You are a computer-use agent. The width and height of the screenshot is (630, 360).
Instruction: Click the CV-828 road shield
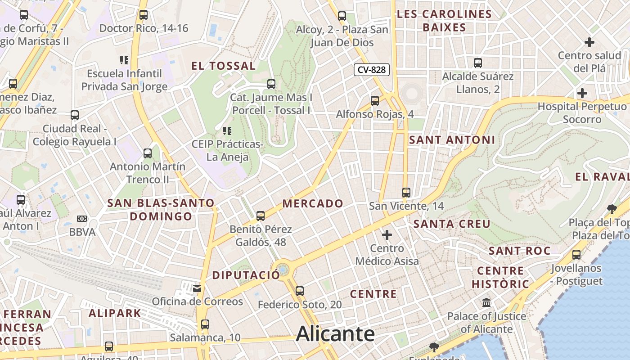(372, 70)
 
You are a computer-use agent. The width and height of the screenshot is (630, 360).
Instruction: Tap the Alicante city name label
(335, 334)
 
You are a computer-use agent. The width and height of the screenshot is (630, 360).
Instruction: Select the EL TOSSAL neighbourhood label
(224, 66)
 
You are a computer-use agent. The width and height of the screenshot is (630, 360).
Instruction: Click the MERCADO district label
(313, 204)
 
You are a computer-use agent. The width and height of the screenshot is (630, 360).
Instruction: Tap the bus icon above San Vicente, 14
(406, 193)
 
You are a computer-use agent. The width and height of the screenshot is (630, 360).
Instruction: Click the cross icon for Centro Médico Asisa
(387, 235)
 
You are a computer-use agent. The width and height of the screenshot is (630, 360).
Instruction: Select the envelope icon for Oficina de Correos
(197, 288)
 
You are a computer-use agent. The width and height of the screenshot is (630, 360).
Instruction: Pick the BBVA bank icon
(82, 219)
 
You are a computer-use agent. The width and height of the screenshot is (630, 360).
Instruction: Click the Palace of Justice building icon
(486, 303)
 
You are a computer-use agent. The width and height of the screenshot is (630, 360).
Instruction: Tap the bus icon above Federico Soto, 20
(300, 291)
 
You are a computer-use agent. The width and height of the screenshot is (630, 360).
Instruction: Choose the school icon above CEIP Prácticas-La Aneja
(227, 131)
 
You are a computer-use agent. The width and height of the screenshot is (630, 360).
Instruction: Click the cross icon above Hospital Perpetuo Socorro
(582, 93)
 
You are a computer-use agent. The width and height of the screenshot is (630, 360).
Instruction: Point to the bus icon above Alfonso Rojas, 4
(375, 101)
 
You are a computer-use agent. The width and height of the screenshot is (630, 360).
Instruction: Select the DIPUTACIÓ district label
(246, 275)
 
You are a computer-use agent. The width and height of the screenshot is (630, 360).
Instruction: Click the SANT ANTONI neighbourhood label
(452, 140)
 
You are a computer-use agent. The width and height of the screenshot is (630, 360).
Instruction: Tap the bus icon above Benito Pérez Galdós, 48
(261, 216)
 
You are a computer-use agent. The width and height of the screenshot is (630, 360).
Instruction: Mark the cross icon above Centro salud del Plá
(589, 42)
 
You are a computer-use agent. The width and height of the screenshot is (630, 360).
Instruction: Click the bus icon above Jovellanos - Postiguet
(576, 255)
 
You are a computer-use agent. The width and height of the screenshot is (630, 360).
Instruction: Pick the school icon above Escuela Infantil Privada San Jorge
(124, 60)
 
